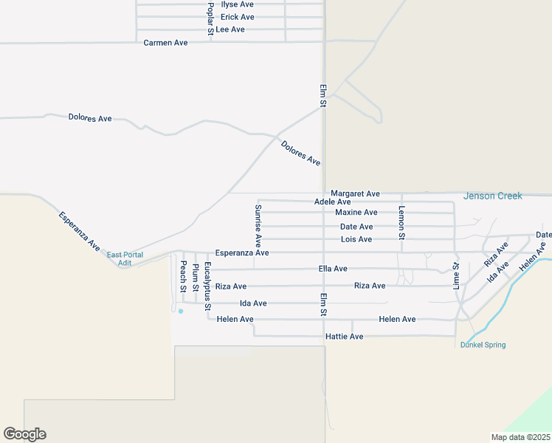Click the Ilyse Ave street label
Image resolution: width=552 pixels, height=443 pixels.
point(237,4)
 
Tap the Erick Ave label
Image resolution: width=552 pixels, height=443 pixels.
point(237,17)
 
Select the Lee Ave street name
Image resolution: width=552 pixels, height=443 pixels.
point(230,30)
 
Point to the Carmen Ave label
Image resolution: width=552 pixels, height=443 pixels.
point(165,43)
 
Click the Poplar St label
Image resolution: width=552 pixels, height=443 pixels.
point(210,19)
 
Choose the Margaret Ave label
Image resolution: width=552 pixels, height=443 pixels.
point(355,193)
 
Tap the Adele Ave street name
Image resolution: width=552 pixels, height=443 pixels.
point(332,202)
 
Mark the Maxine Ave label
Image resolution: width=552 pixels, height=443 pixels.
point(356,213)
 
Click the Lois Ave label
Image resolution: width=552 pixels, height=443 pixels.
point(356,240)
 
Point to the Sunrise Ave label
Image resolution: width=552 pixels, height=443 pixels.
point(258,225)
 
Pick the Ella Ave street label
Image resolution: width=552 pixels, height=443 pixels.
point(332,269)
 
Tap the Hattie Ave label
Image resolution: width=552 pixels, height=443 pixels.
point(344,337)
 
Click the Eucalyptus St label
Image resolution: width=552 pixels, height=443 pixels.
point(208,286)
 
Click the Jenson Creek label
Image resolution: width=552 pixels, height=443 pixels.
point(492,196)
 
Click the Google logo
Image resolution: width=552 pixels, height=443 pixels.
point(24,434)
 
